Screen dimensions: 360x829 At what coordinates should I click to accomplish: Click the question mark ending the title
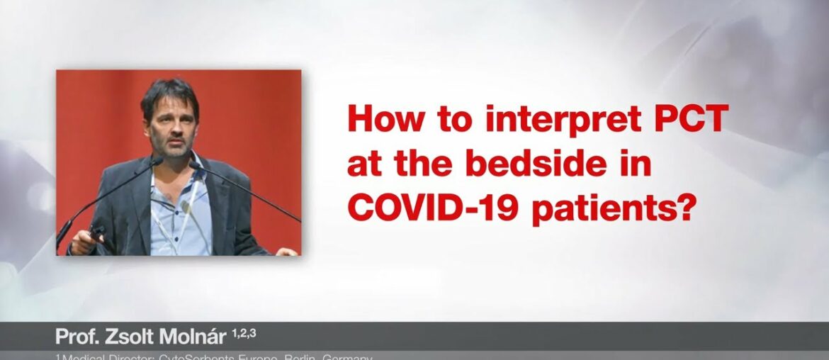[682, 209]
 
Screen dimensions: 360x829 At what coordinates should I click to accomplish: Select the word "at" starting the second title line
[362, 165]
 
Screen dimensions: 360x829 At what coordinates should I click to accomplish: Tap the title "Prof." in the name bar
[74, 336]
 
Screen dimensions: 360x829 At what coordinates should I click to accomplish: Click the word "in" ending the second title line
[638, 165]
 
